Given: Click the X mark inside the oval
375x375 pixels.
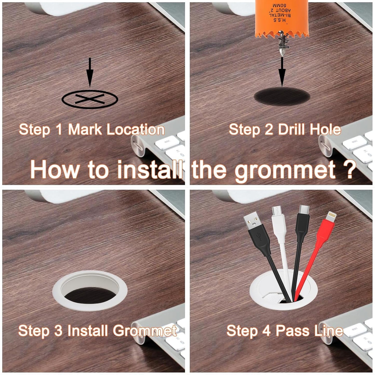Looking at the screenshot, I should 90,99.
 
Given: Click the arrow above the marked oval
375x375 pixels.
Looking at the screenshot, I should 90,73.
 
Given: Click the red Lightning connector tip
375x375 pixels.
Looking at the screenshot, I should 331,217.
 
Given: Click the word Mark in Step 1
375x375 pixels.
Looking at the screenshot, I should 85,129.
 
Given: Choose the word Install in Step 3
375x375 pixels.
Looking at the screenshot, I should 87,331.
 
